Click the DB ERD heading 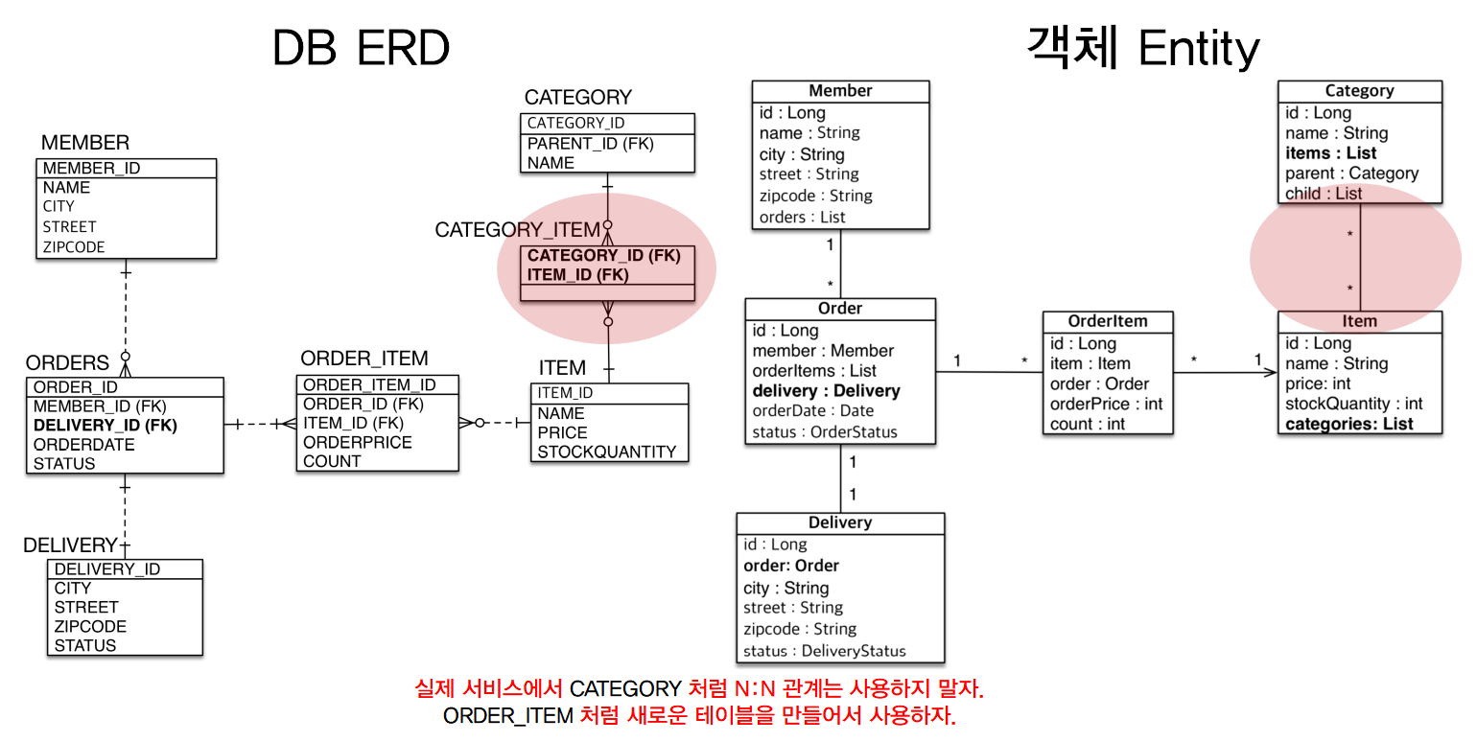click(361, 47)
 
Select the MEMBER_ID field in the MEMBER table click(91, 169)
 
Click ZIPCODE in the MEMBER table click(74, 246)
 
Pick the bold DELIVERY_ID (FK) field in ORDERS click(105, 425)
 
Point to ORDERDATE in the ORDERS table click(84, 445)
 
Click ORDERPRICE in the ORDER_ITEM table click(358, 442)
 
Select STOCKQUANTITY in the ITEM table click(607, 452)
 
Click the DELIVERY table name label click(70, 545)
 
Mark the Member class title click(840, 91)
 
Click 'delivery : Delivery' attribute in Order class click(826, 391)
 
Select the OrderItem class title click(1108, 321)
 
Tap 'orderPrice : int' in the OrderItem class click(1106, 404)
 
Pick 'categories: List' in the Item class click(1348, 424)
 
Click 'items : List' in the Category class click(1330, 153)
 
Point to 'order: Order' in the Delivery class click(791, 566)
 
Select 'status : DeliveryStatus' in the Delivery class click(825, 651)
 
